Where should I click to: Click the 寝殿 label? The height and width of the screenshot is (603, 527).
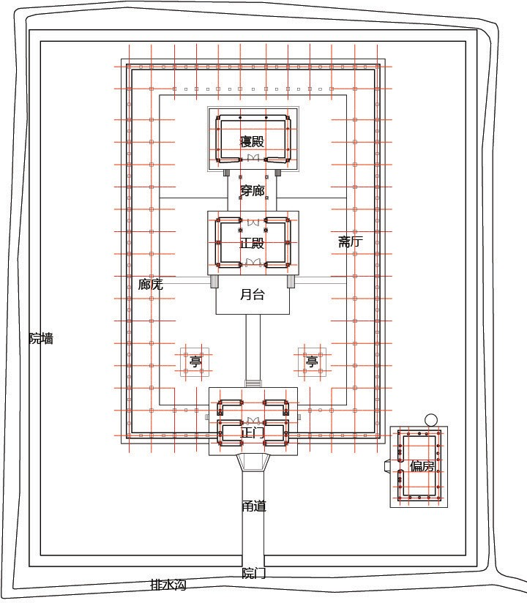coord(253,141)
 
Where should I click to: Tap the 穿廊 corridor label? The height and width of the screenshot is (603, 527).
coord(253,190)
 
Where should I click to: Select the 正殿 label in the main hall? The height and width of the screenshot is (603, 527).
coord(253,243)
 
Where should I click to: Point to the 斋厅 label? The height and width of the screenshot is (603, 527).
coord(351,241)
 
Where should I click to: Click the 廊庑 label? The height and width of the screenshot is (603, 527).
coord(150,285)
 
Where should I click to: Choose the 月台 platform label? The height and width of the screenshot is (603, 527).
coord(253,295)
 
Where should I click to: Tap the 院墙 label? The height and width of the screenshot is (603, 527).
coord(41,338)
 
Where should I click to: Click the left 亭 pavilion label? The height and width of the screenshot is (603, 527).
coord(195,362)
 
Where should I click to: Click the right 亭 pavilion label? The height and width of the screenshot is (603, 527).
coord(312,362)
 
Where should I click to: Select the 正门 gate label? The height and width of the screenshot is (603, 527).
coord(253,432)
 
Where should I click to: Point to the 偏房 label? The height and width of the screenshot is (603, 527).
coord(422,466)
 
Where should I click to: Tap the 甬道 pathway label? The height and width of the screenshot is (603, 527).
coord(254,506)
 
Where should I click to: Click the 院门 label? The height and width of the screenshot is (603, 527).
coord(254,573)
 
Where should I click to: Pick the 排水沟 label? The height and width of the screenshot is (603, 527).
coord(168,585)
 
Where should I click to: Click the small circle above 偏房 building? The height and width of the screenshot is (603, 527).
coord(431,420)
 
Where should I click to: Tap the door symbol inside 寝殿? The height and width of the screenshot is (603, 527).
coord(253,157)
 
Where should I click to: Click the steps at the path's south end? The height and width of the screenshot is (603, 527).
coord(253,383)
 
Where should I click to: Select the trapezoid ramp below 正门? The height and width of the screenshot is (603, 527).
coord(253,462)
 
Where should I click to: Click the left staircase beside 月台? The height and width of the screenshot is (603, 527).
coord(214,282)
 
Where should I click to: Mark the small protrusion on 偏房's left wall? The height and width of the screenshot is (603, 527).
coord(387,465)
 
